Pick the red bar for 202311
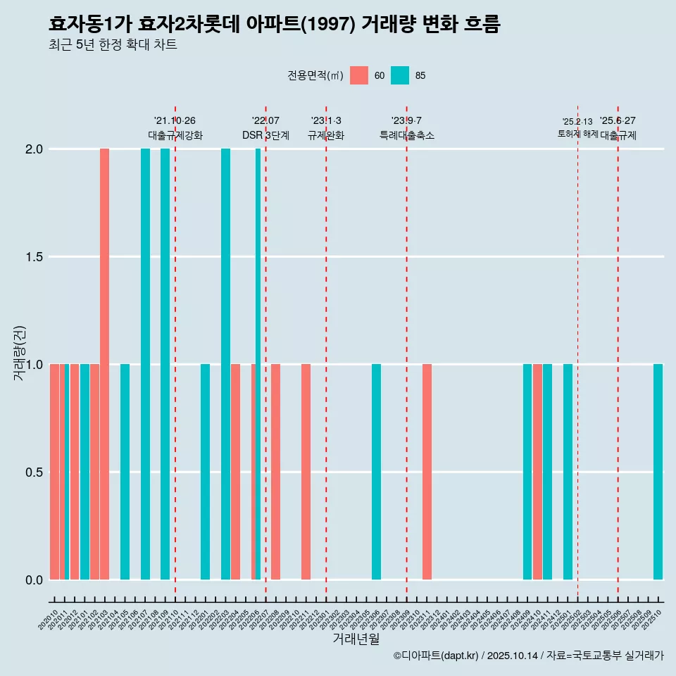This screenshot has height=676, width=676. click(x=427, y=472)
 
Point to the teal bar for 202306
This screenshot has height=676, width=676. click(x=377, y=472)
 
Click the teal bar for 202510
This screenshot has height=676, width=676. click(x=658, y=472)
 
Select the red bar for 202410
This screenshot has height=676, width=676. click(x=537, y=472)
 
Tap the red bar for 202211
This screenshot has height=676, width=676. click(x=306, y=472)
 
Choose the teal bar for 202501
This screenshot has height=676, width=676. click(x=568, y=472)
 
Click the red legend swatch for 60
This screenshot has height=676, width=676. click(x=359, y=75)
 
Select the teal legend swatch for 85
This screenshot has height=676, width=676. click(x=400, y=75)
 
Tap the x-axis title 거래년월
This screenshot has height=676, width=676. click(x=356, y=639)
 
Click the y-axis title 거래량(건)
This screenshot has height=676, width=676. click(x=19, y=352)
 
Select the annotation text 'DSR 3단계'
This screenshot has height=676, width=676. click(x=265, y=135)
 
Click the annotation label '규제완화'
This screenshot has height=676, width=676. click(x=326, y=135)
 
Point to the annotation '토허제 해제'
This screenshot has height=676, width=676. click(x=577, y=134)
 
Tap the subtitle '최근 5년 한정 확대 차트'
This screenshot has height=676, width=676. click(x=113, y=45)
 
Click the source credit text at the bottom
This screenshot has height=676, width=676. click(x=528, y=656)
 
